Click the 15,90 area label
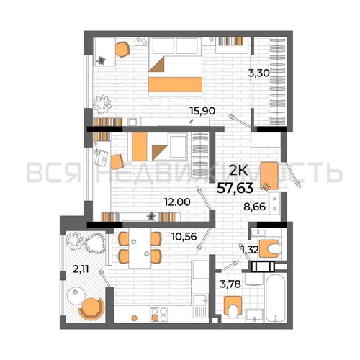coord(202,111)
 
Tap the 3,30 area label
coord(259,73)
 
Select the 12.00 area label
coord(177,202)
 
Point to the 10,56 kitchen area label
coord(184,237)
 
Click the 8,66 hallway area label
coord(255,207)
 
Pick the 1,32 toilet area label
coord(250,251)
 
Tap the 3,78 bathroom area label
coord(230,284)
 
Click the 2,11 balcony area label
coord(81,269)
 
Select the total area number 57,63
coord(235,188)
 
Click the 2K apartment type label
coord(238,171)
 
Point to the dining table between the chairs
coord(140,248)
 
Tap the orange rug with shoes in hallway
coord(269,176)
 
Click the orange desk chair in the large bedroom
coord(122,50)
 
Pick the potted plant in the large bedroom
coord(102,104)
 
